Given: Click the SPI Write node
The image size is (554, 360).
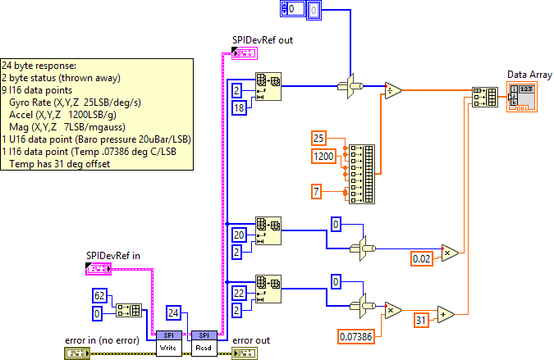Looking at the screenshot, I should pos(168,342).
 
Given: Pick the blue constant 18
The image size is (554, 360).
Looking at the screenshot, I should pos(239,106).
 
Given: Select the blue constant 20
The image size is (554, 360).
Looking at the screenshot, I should pos(239,234).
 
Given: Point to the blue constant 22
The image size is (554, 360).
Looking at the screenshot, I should pos(239,291).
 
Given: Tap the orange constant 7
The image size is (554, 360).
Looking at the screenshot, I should pos(317,192).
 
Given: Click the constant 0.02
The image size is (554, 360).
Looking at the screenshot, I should pos(423,259).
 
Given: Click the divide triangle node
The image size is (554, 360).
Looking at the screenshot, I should pos(393,90).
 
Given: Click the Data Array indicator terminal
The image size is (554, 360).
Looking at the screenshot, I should pos(523,96).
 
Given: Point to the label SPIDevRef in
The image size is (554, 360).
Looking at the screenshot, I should pos(113,255).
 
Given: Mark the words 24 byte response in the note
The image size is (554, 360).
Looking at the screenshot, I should pos(37,65).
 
